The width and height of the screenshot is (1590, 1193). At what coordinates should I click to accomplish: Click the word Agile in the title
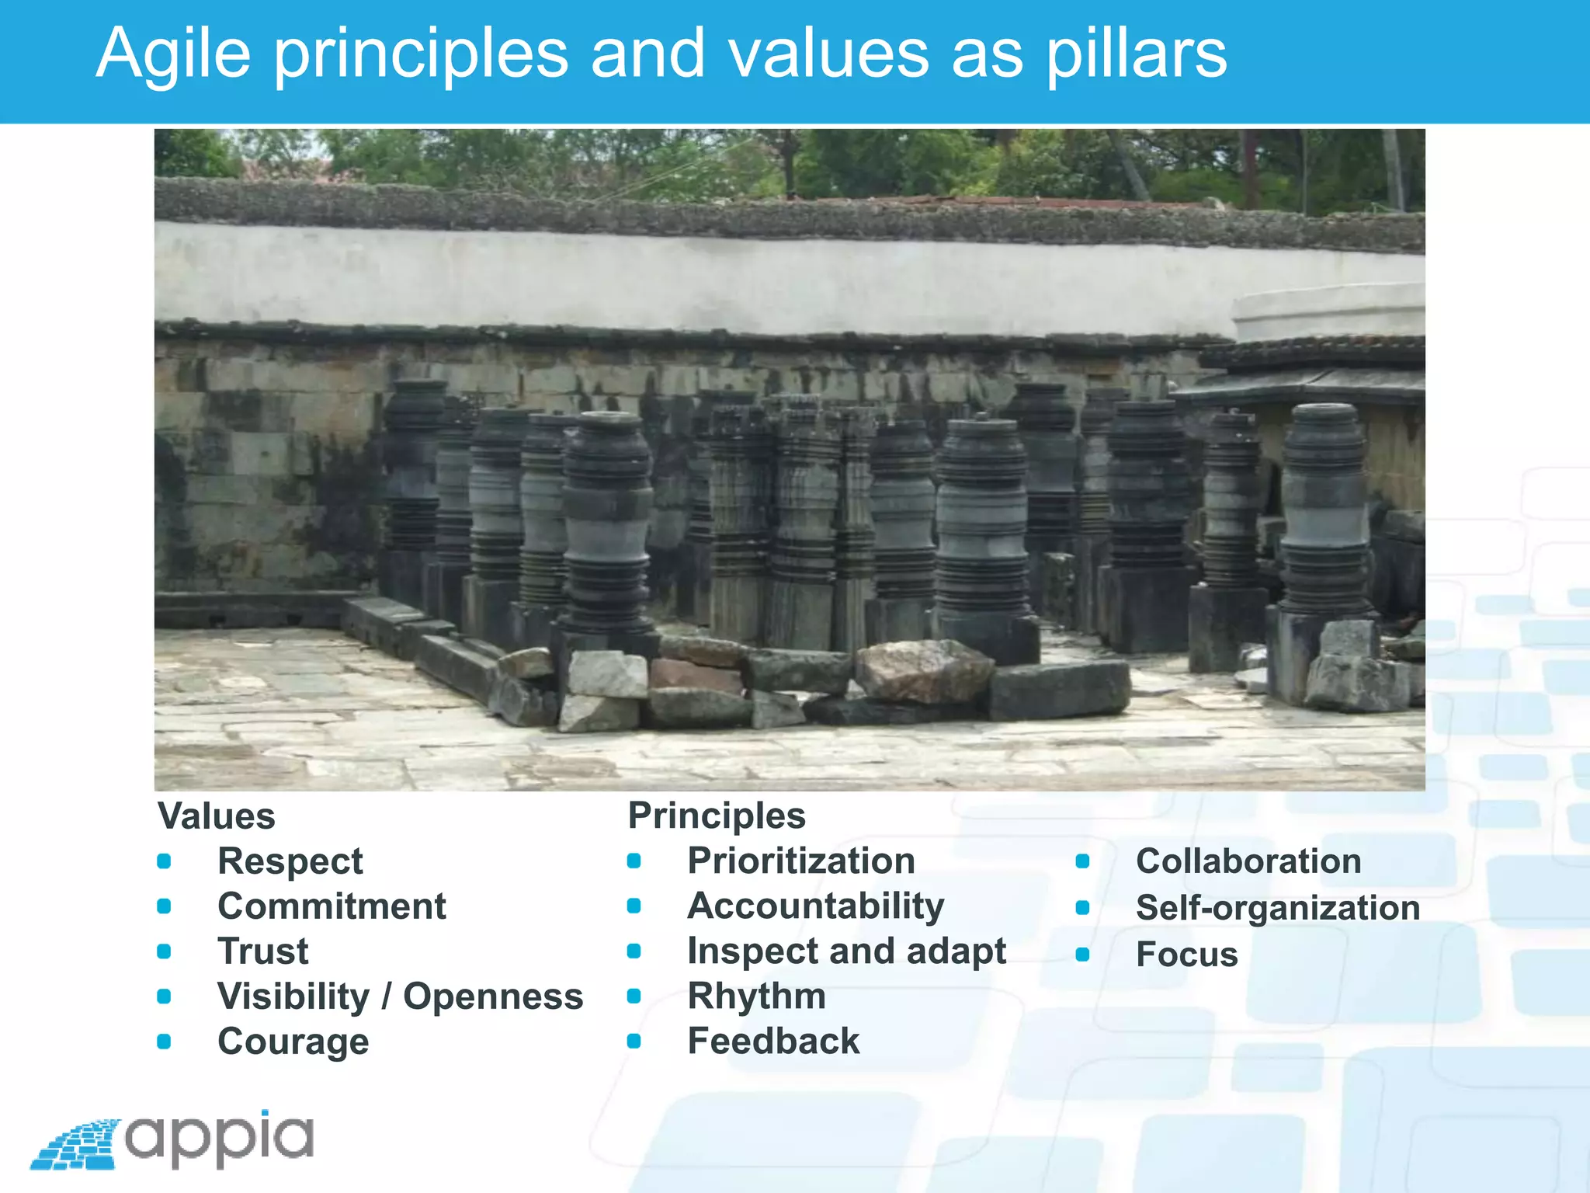tap(173, 54)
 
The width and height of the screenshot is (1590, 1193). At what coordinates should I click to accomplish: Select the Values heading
tap(217, 816)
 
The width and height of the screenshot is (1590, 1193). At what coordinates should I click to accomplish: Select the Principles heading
tap(717, 816)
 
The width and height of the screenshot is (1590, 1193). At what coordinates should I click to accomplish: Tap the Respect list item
tap(290, 861)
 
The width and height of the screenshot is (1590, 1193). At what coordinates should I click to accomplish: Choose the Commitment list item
tap(332, 906)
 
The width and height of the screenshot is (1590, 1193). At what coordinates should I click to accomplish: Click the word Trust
tap(262, 951)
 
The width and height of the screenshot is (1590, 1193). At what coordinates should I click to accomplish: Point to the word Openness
tap(493, 996)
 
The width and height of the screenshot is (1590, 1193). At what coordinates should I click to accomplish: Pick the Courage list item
tap(293, 1042)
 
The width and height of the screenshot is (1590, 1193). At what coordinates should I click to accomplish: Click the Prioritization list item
tap(800, 861)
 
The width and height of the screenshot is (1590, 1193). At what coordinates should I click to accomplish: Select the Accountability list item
tap(815, 906)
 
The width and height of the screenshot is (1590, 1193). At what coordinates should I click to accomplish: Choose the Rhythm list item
tap(756, 996)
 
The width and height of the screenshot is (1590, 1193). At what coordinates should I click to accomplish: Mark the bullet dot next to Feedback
tap(634, 1042)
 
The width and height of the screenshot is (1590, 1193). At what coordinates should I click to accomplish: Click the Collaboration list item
tap(1248, 861)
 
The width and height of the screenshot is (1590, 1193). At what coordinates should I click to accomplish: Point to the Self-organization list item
tap(1277, 908)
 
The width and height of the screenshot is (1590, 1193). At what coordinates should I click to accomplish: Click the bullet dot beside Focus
tap(1083, 955)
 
